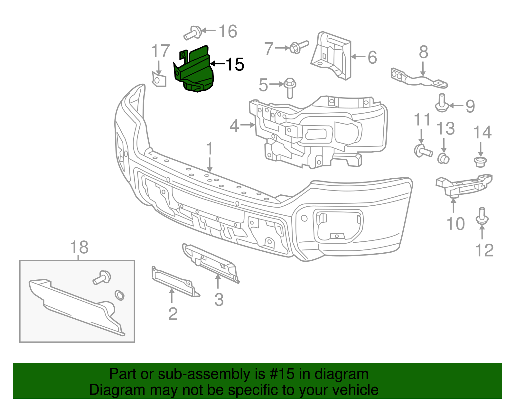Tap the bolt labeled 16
tap(193, 33)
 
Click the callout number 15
tap(235, 64)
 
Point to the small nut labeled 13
tap(443, 158)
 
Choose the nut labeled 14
tap(480, 162)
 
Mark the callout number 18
tap(79, 248)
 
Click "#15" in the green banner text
tap(280, 374)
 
